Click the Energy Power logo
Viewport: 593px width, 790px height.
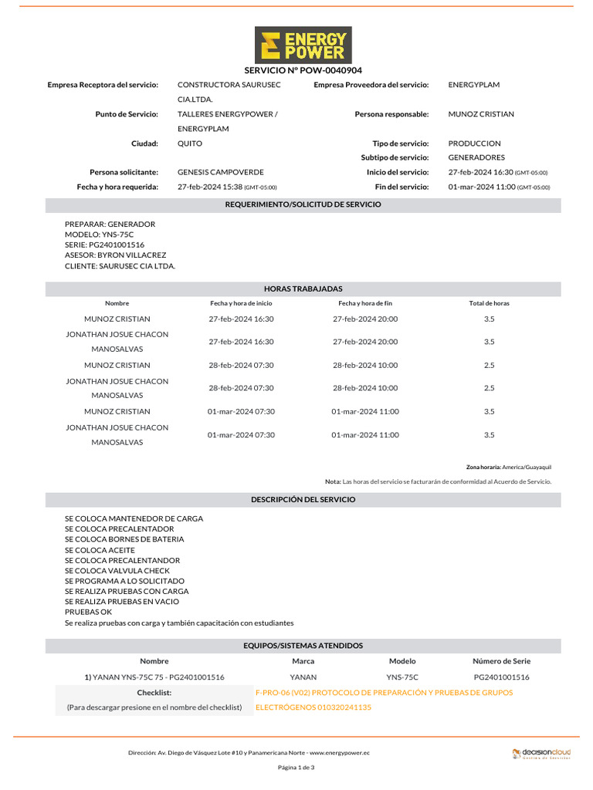pyautogui.click(x=303, y=45)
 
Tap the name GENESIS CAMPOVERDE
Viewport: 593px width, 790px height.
pyautogui.click(x=220, y=172)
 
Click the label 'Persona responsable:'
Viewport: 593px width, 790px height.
pyautogui.click(x=391, y=114)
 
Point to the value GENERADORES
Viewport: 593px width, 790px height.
pyautogui.click(x=476, y=157)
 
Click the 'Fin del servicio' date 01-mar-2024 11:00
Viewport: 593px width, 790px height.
pyautogui.click(x=482, y=187)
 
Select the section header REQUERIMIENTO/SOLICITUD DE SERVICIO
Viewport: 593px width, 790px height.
pyautogui.click(x=303, y=204)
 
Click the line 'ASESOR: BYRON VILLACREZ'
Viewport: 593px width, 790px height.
pyautogui.click(x=115, y=255)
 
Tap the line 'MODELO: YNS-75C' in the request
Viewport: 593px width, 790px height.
pyautogui.click(x=99, y=235)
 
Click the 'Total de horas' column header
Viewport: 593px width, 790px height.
pyautogui.click(x=489, y=303)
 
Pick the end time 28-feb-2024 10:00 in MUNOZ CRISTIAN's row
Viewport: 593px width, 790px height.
pyautogui.click(x=365, y=365)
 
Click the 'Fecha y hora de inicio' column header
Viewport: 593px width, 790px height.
pyautogui.click(x=241, y=303)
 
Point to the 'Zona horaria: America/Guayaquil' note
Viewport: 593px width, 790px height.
pyautogui.click(x=508, y=467)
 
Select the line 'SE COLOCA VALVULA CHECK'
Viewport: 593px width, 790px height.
pyautogui.click(x=117, y=571)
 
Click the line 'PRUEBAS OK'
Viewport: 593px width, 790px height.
pyautogui.click(x=88, y=612)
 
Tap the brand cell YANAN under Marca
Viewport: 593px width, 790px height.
pyautogui.click(x=303, y=677)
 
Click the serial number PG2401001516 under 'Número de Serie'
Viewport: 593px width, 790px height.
pyautogui.click(x=501, y=677)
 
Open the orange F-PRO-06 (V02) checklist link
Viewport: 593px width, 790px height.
pyautogui.click(x=384, y=693)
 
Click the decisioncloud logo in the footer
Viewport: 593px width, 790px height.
pyautogui.click(x=541, y=753)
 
